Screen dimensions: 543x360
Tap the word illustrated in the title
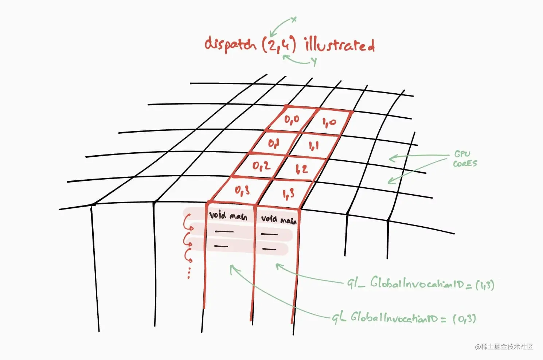tap(340, 45)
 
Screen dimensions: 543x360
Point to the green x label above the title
tap(294, 19)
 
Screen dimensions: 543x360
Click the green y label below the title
tap(313, 62)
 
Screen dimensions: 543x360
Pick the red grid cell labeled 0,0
tap(292, 119)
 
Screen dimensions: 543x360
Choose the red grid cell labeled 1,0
tap(329, 123)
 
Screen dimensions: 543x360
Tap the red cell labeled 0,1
tap(274, 143)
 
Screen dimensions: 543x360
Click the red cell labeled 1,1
tap(313, 146)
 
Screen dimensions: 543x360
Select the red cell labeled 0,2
tap(261, 166)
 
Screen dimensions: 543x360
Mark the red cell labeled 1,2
tap(301, 169)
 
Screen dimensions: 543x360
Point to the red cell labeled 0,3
tap(242, 190)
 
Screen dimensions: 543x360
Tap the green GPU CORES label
tap(465, 159)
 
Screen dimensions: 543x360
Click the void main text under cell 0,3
tap(228, 216)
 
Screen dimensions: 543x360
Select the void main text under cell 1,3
tap(279, 219)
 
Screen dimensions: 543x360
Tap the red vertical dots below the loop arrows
tap(189, 272)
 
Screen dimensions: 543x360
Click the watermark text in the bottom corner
tap(504, 347)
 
